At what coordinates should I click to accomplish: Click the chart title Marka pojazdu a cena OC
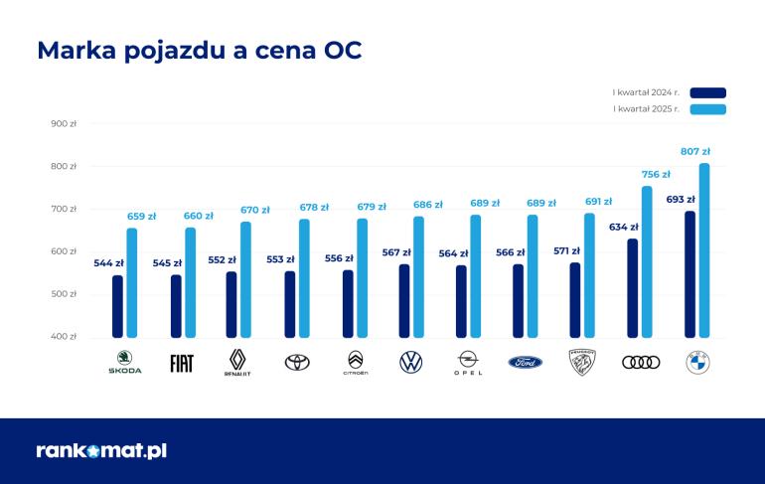(199, 51)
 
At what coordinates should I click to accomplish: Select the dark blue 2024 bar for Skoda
(118, 306)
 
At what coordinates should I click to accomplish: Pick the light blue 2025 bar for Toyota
(304, 278)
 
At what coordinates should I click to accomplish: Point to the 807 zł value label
(694, 151)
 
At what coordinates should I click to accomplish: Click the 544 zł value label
(109, 262)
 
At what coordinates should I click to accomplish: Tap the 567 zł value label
(396, 252)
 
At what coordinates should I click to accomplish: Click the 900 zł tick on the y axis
(64, 124)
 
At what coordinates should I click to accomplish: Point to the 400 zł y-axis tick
(64, 336)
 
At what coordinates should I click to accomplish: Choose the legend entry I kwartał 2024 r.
(646, 92)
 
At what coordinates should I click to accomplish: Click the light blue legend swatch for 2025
(707, 108)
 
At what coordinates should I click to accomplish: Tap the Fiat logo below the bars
(182, 363)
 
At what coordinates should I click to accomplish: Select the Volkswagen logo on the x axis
(410, 362)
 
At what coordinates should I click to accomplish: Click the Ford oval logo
(526, 363)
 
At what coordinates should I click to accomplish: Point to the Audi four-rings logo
(641, 362)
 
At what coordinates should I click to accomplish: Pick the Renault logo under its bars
(237, 362)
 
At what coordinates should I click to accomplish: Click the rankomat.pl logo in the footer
(101, 450)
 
